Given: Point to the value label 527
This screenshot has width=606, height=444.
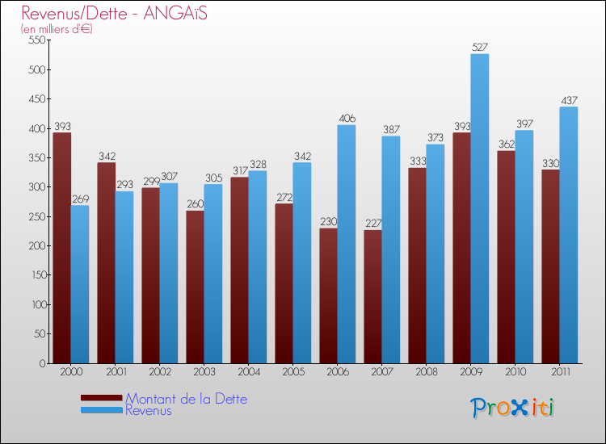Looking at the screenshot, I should click(x=480, y=48).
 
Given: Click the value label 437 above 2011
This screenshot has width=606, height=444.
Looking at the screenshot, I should click(x=569, y=101).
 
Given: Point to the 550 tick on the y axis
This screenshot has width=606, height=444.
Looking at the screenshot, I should click(x=37, y=40).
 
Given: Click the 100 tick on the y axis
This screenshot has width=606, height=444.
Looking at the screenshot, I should click(x=37, y=304).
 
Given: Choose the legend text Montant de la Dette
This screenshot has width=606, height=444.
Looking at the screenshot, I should click(x=186, y=399).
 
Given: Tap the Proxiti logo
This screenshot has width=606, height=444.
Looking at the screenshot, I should click(x=512, y=408).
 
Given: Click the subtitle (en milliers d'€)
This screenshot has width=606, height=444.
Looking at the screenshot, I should click(x=57, y=29).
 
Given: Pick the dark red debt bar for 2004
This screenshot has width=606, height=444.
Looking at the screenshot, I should click(x=240, y=270).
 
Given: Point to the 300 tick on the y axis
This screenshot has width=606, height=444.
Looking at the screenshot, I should click(x=37, y=187).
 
